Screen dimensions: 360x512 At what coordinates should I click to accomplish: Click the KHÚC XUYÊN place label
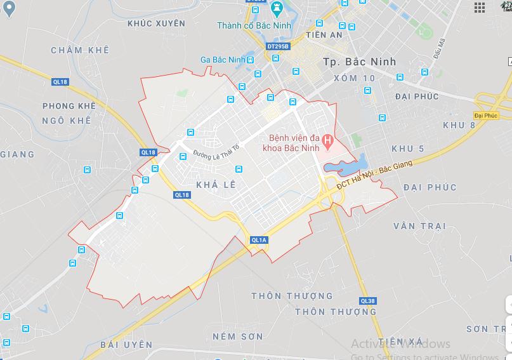pos(156,23)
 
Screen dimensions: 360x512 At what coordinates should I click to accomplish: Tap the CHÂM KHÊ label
pos(80,50)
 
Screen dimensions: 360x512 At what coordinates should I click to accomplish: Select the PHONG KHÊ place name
pos(69,105)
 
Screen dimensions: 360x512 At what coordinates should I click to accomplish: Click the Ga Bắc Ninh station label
pos(222,60)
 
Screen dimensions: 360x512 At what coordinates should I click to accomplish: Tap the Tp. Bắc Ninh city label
pos(359,62)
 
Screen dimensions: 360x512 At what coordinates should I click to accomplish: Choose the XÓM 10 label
pos(353,77)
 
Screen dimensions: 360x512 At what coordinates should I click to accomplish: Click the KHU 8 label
pos(459,124)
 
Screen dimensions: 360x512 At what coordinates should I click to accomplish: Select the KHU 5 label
pos(407,149)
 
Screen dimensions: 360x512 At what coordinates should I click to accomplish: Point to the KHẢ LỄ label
pos(216,183)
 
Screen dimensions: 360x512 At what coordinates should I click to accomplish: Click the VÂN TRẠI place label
pos(419,226)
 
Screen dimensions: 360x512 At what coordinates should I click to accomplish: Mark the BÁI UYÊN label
pos(126,344)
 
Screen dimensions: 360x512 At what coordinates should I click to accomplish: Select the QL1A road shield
pos(259,239)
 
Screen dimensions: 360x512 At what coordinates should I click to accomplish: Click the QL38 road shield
pos(367,300)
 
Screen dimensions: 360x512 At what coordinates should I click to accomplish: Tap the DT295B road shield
pos(278,46)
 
